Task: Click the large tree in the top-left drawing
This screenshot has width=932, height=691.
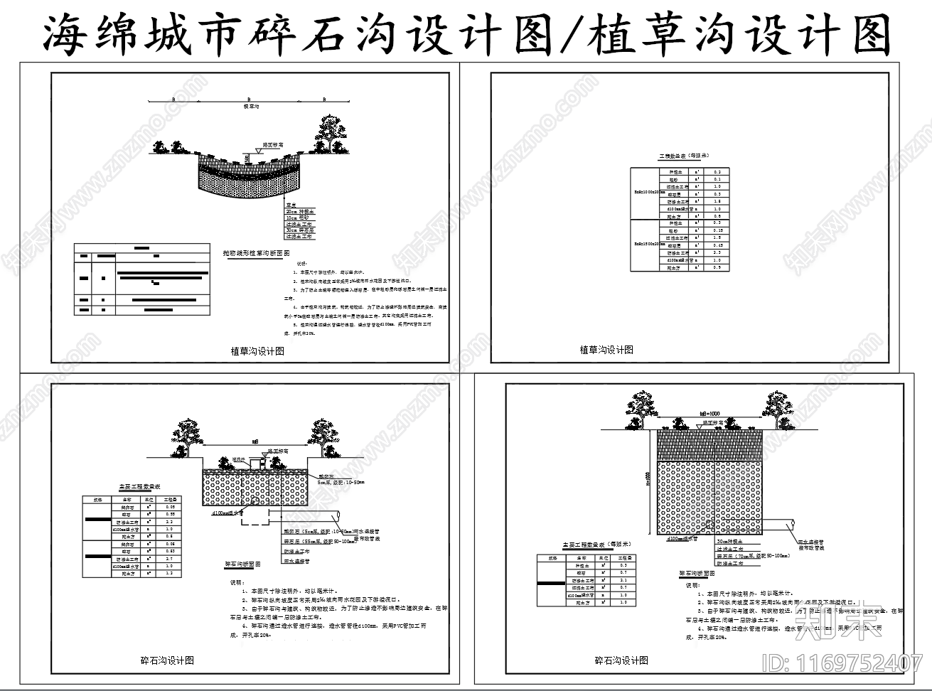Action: click(328, 130)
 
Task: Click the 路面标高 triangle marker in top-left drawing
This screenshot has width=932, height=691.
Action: click(247, 154)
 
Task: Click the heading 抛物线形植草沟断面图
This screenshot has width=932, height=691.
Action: click(256, 252)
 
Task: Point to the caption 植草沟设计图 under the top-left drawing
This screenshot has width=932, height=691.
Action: click(257, 351)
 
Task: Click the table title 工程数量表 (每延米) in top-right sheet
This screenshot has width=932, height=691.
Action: click(683, 155)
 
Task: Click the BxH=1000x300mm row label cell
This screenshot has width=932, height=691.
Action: click(646, 191)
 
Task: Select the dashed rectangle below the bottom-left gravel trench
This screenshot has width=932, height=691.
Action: click(254, 519)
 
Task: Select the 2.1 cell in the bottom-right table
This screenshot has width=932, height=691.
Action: click(623, 580)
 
